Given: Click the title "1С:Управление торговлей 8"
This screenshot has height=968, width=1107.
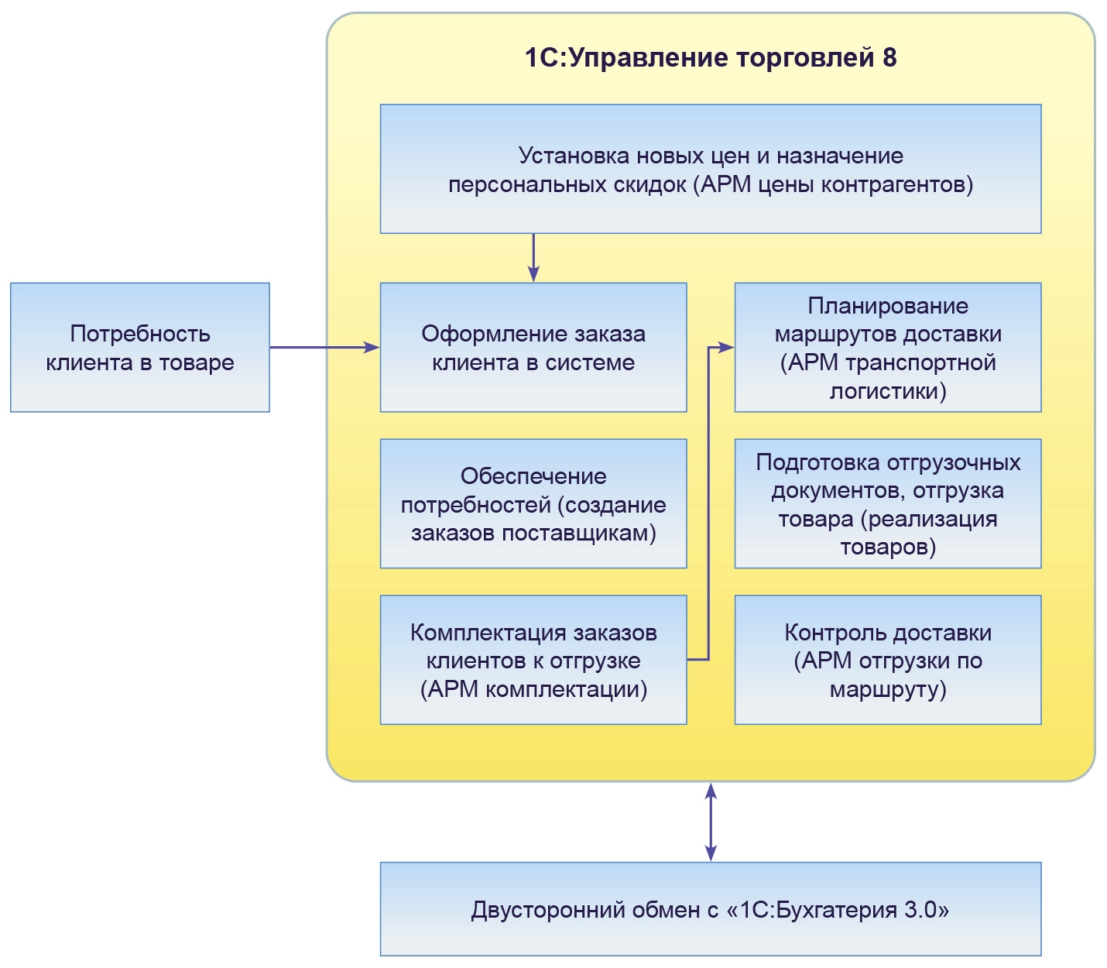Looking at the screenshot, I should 710,58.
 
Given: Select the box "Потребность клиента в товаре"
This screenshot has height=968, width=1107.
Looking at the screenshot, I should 140,348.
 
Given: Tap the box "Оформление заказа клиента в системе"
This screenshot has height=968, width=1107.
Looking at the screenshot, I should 533,348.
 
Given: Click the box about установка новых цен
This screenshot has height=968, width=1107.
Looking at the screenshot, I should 710,170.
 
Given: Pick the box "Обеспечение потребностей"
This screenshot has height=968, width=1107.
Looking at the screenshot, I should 533,504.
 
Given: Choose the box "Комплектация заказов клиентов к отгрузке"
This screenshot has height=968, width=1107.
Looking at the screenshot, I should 533,660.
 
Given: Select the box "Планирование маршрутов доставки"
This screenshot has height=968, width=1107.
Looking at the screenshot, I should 888,348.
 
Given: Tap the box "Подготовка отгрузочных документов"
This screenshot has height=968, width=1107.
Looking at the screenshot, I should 888,504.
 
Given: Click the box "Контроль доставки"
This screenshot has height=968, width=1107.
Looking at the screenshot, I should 888,660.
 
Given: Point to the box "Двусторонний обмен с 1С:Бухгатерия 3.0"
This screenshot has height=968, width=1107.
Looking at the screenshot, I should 710,909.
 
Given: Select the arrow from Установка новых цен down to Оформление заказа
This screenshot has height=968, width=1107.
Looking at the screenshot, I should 533,257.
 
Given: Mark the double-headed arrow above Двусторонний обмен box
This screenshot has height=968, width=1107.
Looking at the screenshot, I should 711,822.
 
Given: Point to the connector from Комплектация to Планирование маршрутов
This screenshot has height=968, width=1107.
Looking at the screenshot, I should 709,503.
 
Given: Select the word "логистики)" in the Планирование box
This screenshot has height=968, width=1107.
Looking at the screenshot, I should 888,391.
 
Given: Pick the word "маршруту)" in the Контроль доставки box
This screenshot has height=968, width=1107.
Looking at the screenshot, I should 888,689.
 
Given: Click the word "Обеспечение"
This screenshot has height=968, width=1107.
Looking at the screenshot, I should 533,475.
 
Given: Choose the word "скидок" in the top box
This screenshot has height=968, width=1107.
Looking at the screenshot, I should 650,185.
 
